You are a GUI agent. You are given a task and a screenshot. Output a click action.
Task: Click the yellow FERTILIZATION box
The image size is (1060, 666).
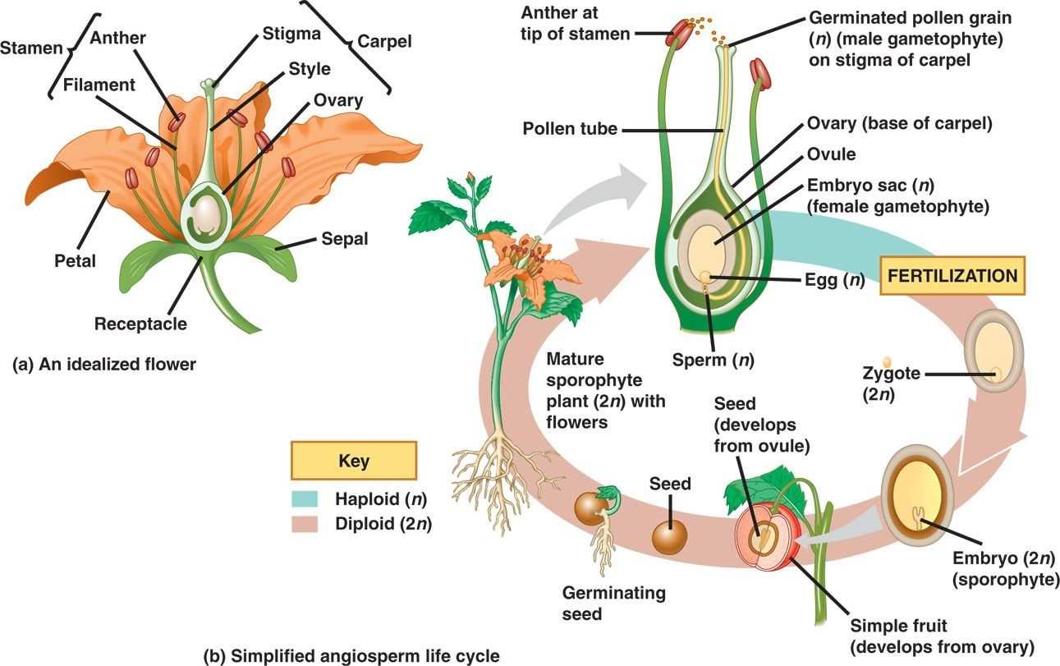coord(952,277)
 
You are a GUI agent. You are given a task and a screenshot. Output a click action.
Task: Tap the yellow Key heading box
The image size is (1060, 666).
coord(353,460)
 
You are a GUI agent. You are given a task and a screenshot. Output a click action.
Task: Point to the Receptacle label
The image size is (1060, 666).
coord(140,324)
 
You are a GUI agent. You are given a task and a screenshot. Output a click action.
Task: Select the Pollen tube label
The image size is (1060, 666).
coord(570,129)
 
